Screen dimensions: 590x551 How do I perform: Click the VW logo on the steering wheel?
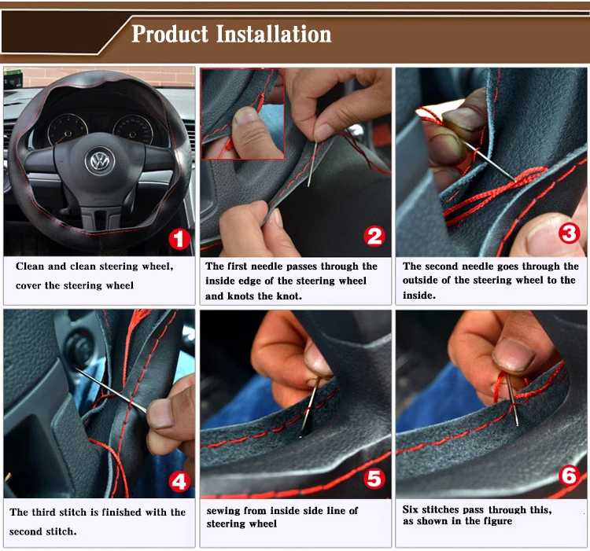tap(100, 160)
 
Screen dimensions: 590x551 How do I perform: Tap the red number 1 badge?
tap(179, 240)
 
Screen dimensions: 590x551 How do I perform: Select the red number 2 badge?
tap(374, 237)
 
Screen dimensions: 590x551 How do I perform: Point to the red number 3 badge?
tap(569, 233)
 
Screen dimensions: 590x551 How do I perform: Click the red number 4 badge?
tap(179, 482)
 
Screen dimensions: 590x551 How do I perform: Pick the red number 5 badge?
tap(374, 479)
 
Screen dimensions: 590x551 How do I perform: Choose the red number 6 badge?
tap(569, 476)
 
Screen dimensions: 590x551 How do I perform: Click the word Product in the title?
tap(170, 34)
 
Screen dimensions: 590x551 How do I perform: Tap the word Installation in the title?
tap(274, 34)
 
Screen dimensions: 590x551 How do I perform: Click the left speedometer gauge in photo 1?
tap(68, 130)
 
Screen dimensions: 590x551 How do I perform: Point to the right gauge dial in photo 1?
tap(133, 130)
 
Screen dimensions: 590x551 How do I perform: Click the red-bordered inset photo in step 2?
tap(243, 114)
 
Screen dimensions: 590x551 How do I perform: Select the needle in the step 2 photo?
tap(312, 163)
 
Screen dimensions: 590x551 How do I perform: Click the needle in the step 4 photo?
tap(112, 391)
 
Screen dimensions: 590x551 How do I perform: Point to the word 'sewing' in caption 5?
tap(223, 511)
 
